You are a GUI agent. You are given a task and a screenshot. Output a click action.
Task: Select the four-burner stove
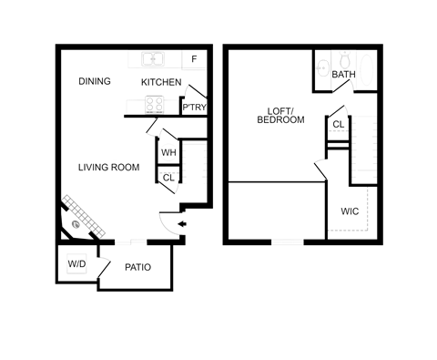[x=153, y=104]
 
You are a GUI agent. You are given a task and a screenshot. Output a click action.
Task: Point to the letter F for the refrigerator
[x=195, y=61]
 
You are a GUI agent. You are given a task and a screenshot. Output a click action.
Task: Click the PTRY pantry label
[x=194, y=107]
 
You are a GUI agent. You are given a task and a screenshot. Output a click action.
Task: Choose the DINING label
[x=94, y=81]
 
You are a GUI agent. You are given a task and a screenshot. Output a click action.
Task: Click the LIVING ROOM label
[x=108, y=168]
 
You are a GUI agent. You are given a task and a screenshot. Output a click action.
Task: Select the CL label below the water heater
[x=168, y=176]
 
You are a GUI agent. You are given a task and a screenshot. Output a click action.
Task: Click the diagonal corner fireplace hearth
[x=83, y=213]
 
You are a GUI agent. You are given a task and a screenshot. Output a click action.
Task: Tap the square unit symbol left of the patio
[x=77, y=264]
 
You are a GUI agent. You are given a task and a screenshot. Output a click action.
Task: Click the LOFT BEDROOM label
[x=280, y=115]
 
